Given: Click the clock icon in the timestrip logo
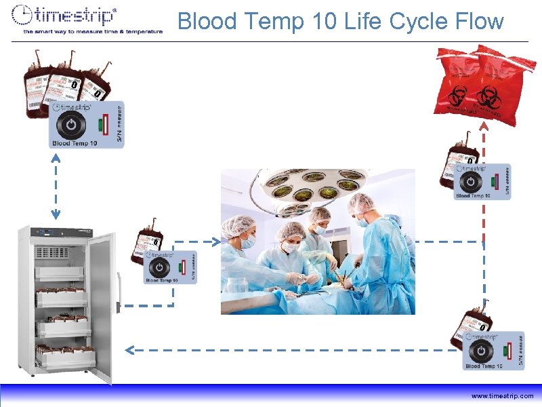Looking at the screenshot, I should click(x=24, y=16).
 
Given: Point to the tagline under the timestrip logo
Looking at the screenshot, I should click(x=93, y=31).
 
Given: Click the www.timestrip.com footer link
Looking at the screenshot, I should click(x=503, y=395).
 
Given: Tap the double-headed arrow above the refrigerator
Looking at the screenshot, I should click(x=56, y=187).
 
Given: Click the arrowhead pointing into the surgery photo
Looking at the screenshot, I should click(x=216, y=241).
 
